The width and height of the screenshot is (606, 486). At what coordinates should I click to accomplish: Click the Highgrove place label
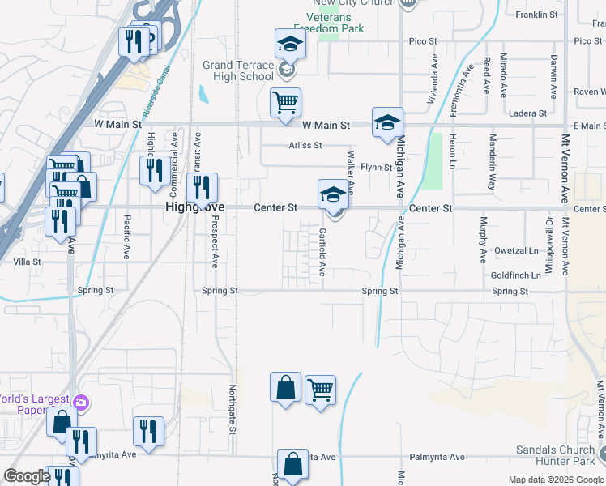click(194, 208)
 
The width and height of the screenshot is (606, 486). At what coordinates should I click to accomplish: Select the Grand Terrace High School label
click(238, 70)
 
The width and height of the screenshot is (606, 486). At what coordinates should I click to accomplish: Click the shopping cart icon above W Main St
click(285, 104)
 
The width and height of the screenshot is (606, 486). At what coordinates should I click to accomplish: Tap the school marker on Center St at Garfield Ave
click(332, 196)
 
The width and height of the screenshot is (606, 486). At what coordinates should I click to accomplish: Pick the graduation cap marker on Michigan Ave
click(387, 123)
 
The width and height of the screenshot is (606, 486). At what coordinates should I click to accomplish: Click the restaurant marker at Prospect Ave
click(202, 189)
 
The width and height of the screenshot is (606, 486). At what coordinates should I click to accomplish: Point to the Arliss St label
click(306, 146)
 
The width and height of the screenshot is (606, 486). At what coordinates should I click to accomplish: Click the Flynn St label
click(377, 168)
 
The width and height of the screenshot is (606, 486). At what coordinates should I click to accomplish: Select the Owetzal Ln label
click(516, 251)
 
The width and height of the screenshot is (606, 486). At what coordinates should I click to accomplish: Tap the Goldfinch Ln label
click(515, 275)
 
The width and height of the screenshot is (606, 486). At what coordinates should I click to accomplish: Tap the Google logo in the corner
click(27, 476)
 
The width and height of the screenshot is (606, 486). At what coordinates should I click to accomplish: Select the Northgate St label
click(232, 408)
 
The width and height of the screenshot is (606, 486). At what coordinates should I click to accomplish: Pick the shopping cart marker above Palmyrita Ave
click(321, 391)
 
